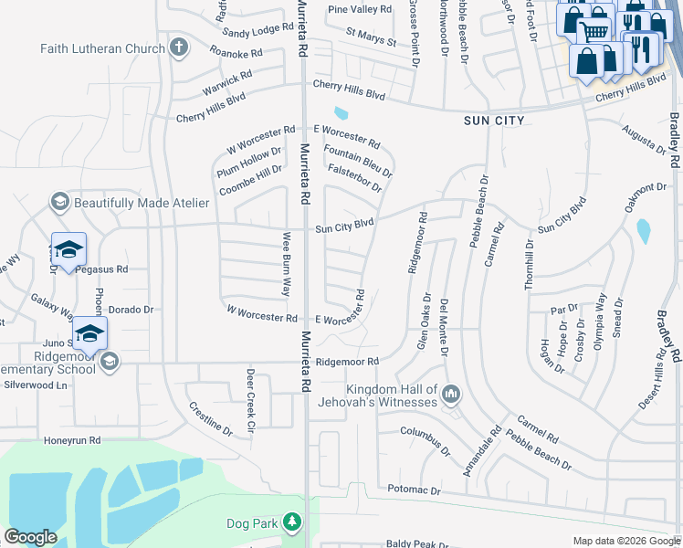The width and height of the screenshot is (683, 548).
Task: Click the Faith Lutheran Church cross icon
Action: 180,46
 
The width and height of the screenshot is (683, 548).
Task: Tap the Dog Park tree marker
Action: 291,522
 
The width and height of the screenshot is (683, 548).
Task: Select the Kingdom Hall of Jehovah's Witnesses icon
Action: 449,395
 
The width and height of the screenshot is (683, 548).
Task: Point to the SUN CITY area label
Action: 493,121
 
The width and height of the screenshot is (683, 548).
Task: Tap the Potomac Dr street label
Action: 414,490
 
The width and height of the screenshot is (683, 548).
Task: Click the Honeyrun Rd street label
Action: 72,440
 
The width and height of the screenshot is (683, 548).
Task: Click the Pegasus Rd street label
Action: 102,269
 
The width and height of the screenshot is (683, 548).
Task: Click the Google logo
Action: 30,537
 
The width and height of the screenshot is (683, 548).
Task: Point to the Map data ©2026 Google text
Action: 625,541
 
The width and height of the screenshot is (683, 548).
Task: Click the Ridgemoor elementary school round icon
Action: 110,362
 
